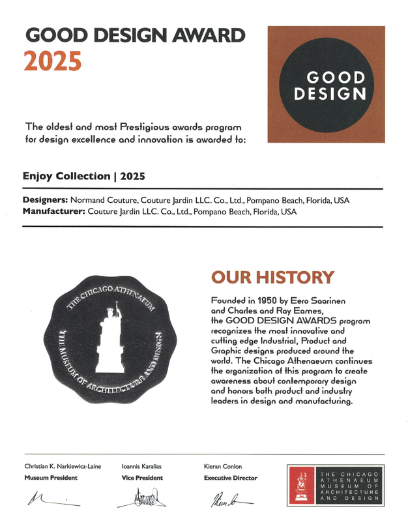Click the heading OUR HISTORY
tap(272, 278)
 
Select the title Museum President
tap(51, 478)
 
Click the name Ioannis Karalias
tap(143, 467)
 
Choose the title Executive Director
tap(230, 478)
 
